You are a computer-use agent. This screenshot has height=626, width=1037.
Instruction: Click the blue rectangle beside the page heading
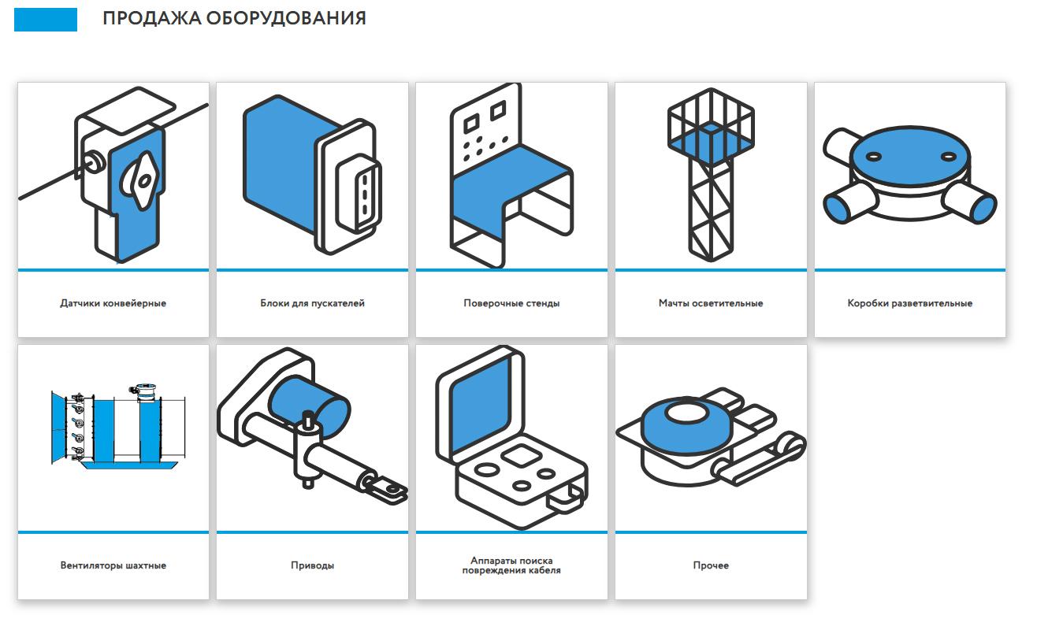(x=46, y=20)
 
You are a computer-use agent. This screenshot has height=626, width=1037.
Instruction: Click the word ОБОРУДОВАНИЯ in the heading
(x=286, y=19)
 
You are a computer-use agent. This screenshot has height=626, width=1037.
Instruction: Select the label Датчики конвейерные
(x=113, y=303)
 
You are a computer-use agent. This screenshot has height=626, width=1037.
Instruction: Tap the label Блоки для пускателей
(x=313, y=303)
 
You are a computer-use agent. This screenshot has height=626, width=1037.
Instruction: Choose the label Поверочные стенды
(x=511, y=303)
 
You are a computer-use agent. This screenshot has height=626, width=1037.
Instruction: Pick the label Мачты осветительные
(x=711, y=303)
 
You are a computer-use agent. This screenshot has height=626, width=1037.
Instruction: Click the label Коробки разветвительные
(x=909, y=303)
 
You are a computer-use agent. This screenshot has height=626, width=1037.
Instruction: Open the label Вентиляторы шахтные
(x=113, y=565)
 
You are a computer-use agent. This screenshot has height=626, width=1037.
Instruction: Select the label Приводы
(x=313, y=566)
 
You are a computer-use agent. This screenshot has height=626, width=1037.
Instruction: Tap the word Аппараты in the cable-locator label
(x=491, y=561)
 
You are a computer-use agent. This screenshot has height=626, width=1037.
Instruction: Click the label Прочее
(x=711, y=565)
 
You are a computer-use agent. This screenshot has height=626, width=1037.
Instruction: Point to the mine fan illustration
(x=118, y=426)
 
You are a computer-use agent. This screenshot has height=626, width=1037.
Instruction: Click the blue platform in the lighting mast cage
(x=711, y=142)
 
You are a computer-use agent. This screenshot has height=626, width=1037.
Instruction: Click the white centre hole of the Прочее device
(x=686, y=413)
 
